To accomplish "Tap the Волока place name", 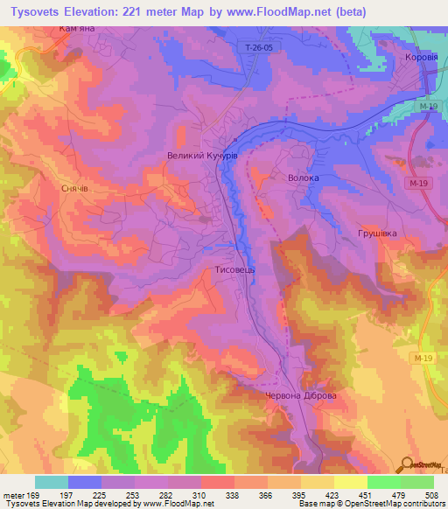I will coord(304,178).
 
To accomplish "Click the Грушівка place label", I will coord(377,234).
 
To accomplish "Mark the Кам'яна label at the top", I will coord(88,29).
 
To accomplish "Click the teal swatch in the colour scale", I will coord(52,482).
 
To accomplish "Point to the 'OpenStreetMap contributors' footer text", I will coord(390,504).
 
